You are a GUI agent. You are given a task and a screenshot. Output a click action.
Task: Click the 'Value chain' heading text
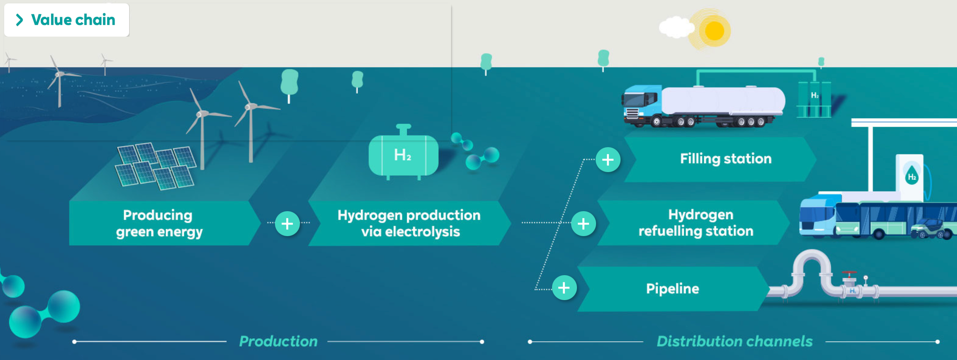(x=73, y=20)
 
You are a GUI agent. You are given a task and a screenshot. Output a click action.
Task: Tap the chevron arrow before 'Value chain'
(x=19, y=20)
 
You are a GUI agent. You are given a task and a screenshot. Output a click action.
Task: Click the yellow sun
(x=714, y=31)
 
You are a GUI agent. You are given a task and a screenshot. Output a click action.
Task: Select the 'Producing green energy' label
(x=159, y=223)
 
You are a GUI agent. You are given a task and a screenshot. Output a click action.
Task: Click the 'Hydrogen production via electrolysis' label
(x=409, y=223)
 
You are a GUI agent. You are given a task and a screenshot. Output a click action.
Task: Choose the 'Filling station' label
(x=725, y=159)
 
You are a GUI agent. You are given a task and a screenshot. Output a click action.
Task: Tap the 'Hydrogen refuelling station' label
(x=696, y=223)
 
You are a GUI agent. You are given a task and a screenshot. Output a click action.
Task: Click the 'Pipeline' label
(x=672, y=289)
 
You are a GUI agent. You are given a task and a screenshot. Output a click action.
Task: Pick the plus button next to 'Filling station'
(x=608, y=160)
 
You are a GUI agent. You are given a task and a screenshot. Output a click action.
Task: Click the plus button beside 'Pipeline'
(x=564, y=288)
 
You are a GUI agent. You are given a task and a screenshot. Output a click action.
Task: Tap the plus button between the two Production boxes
(x=287, y=224)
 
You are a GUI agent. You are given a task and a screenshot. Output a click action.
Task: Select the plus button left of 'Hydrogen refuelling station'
(x=583, y=224)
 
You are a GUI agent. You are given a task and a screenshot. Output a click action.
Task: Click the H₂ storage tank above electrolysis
(x=403, y=155)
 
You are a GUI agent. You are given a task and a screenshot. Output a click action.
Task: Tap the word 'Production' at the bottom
(x=278, y=341)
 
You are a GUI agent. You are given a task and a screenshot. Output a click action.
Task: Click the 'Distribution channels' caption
(x=734, y=341)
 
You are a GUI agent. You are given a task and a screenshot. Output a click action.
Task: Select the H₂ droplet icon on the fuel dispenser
(x=912, y=176)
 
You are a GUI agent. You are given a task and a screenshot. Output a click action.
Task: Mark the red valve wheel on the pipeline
(x=849, y=273)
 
